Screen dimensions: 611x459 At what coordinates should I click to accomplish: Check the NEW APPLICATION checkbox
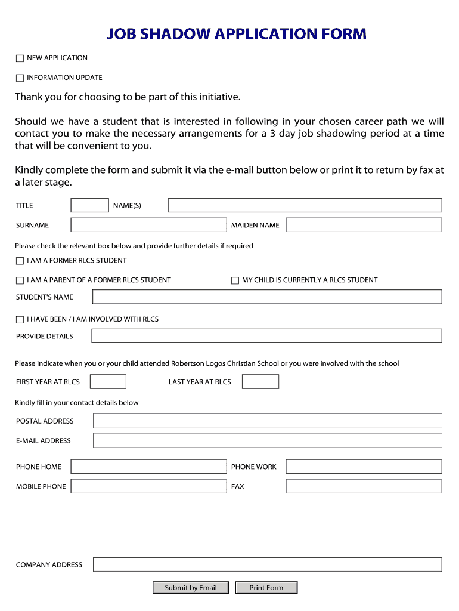[x=20, y=58]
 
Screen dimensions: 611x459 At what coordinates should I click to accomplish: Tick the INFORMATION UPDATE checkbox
[x=20, y=78]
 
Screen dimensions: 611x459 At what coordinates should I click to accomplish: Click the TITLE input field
[x=89, y=205]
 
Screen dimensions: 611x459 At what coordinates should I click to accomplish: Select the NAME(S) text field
[x=305, y=205]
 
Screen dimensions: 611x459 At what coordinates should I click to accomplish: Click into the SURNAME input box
[x=148, y=225]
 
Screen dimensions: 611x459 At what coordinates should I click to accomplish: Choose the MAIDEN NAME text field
[x=364, y=225]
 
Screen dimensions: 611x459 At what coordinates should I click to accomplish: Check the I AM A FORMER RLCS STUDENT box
[x=20, y=261]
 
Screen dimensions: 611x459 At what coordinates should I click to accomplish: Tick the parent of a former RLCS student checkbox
[x=20, y=280]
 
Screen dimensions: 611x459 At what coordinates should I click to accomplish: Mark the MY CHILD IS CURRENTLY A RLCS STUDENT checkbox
[x=235, y=280]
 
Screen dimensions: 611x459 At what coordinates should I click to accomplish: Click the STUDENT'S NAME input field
[x=266, y=297]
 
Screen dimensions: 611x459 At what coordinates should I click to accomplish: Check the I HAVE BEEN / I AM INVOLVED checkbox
[x=20, y=320]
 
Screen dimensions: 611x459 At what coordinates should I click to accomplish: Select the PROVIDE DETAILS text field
[x=266, y=336]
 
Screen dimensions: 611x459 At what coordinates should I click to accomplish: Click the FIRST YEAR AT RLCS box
[x=108, y=382]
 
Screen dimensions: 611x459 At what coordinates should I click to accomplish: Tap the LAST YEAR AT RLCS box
[x=260, y=382]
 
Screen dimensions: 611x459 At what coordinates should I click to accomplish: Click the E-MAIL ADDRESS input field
[x=268, y=440]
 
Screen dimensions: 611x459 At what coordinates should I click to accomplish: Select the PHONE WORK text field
[x=364, y=467]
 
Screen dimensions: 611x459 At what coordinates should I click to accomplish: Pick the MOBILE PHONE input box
[x=148, y=486]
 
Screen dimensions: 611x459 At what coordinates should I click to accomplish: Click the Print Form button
[x=266, y=588]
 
